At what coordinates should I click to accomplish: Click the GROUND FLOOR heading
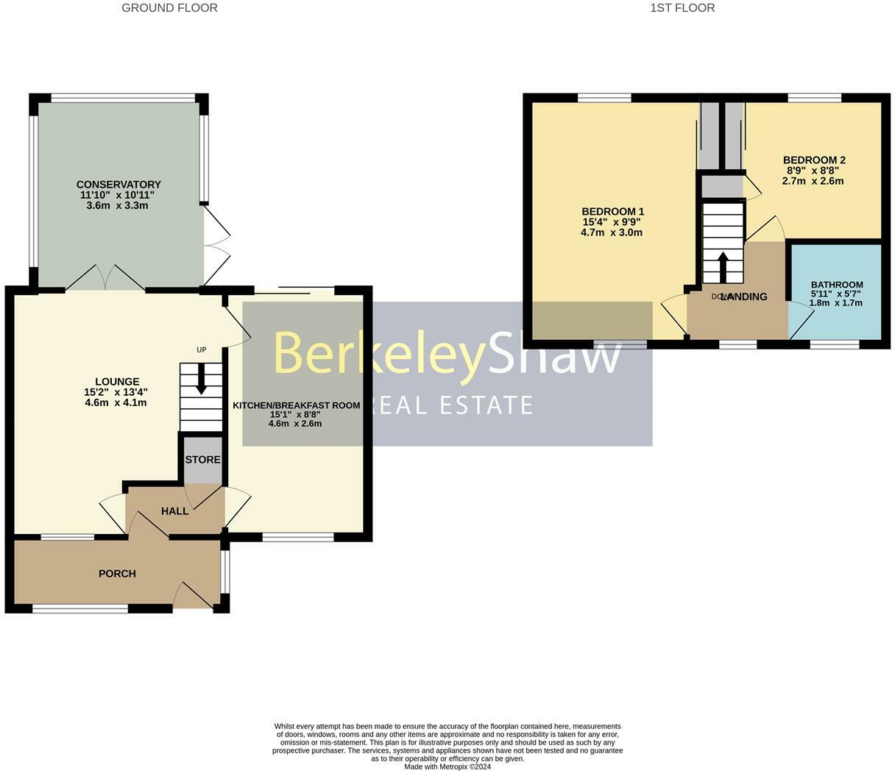coord(169,8)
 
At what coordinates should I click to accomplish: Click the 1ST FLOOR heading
coord(682,8)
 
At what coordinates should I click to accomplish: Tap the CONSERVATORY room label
coord(118,185)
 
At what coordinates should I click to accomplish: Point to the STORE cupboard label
coord(202,460)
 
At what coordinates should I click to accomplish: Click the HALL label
coord(174,511)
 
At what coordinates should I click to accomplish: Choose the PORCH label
coord(117,573)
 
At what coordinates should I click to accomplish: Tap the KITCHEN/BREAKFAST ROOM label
coord(297,405)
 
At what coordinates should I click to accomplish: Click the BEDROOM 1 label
coord(612,212)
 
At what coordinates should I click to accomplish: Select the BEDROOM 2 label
coord(813,160)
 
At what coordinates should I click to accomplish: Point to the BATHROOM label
coord(837,285)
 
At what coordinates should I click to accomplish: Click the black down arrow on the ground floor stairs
coord(201,384)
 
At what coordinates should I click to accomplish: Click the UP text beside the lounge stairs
coord(201,349)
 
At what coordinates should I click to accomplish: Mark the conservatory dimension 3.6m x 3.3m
coord(118,205)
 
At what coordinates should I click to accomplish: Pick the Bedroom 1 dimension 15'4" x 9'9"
coord(612,222)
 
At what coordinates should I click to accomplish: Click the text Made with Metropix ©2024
coord(447,767)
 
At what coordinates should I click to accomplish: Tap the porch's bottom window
coord(80,608)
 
